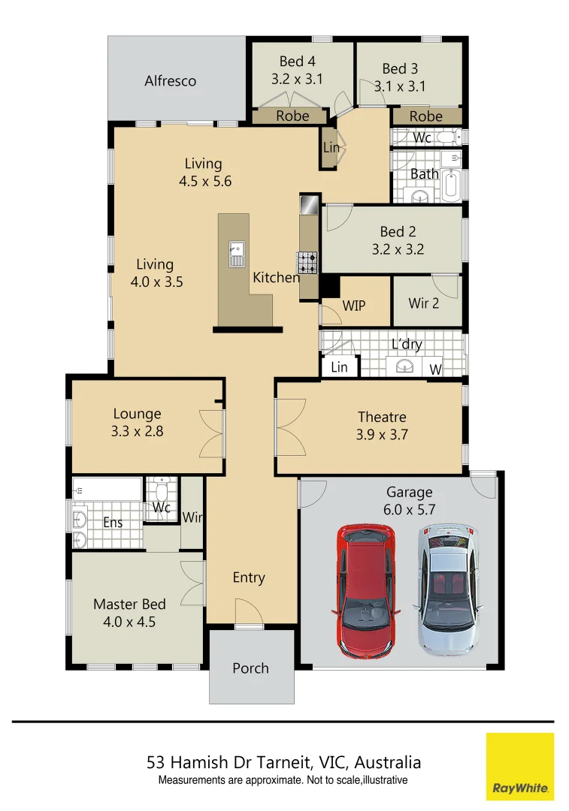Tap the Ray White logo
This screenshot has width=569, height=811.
pyautogui.click(x=520, y=766)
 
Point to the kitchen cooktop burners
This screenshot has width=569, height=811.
pyautogui.click(x=308, y=263)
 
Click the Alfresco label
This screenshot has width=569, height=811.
pyautogui.click(x=171, y=81)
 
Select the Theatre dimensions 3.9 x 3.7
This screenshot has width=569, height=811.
pyautogui.click(x=382, y=434)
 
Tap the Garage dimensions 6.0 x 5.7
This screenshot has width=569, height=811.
pyautogui.click(x=410, y=509)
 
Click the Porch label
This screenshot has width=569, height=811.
pyautogui.click(x=250, y=668)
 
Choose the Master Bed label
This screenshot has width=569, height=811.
pyautogui.click(x=129, y=604)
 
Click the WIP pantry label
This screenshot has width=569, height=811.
pyautogui.click(x=354, y=306)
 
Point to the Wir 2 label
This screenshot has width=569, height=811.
pyautogui.click(x=424, y=303)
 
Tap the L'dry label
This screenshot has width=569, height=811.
pyautogui.click(x=407, y=345)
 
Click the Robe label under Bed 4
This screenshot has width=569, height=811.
pyautogui.click(x=292, y=116)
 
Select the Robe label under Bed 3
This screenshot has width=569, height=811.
pyautogui.click(x=426, y=116)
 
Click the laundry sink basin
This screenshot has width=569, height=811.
pyautogui.click(x=405, y=366)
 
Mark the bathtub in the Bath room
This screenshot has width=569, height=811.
pyautogui.click(x=451, y=185)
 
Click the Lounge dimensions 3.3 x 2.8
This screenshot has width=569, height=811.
pyautogui.click(x=138, y=432)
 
